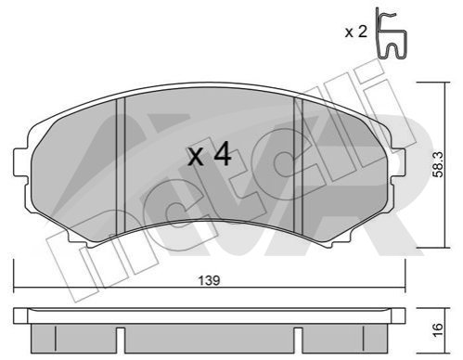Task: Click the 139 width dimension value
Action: [209, 280]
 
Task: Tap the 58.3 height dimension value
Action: [438, 164]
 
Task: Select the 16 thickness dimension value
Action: [438, 330]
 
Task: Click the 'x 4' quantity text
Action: [210, 156]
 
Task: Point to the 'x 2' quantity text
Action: [356, 32]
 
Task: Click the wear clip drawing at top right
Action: [391, 32]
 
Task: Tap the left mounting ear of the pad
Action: [20, 161]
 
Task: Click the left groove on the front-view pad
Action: [120, 166]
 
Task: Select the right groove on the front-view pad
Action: [298, 166]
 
